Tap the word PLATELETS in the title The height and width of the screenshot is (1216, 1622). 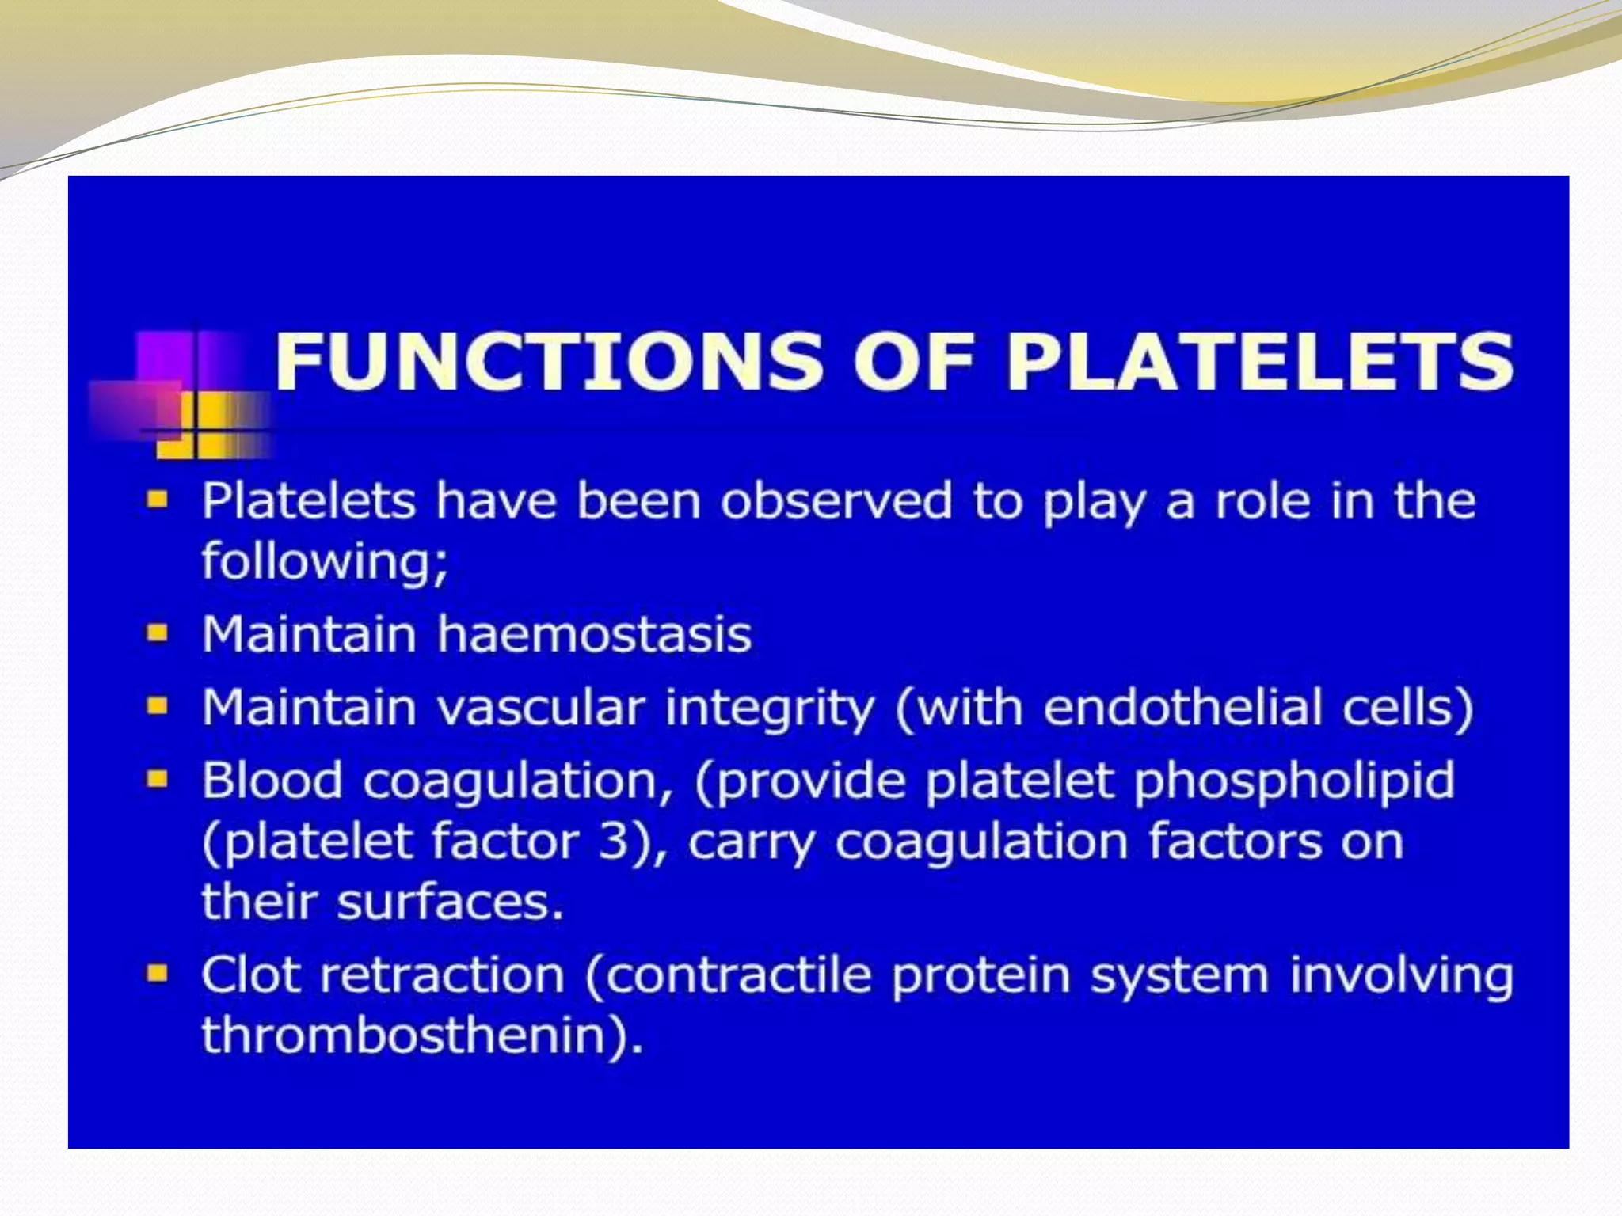pyautogui.click(x=1259, y=361)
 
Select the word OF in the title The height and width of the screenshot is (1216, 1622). pyautogui.click(x=912, y=361)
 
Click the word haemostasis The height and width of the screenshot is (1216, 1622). pyautogui.click(x=594, y=635)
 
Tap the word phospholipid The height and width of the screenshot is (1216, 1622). pyautogui.click(x=1294, y=781)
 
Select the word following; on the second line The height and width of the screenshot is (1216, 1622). pyautogui.click(x=325, y=562)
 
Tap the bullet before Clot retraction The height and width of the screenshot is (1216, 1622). pyautogui.click(x=158, y=973)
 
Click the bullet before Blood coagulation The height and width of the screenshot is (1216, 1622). pyautogui.click(x=158, y=780)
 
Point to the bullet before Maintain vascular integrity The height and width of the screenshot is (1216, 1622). pyautogui.click(x=158, y=706)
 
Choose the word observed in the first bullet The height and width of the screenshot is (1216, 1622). pyautogui.click(x=836, y=501)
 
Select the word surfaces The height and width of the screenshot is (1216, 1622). pyautogui.click(x=449, y=902)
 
